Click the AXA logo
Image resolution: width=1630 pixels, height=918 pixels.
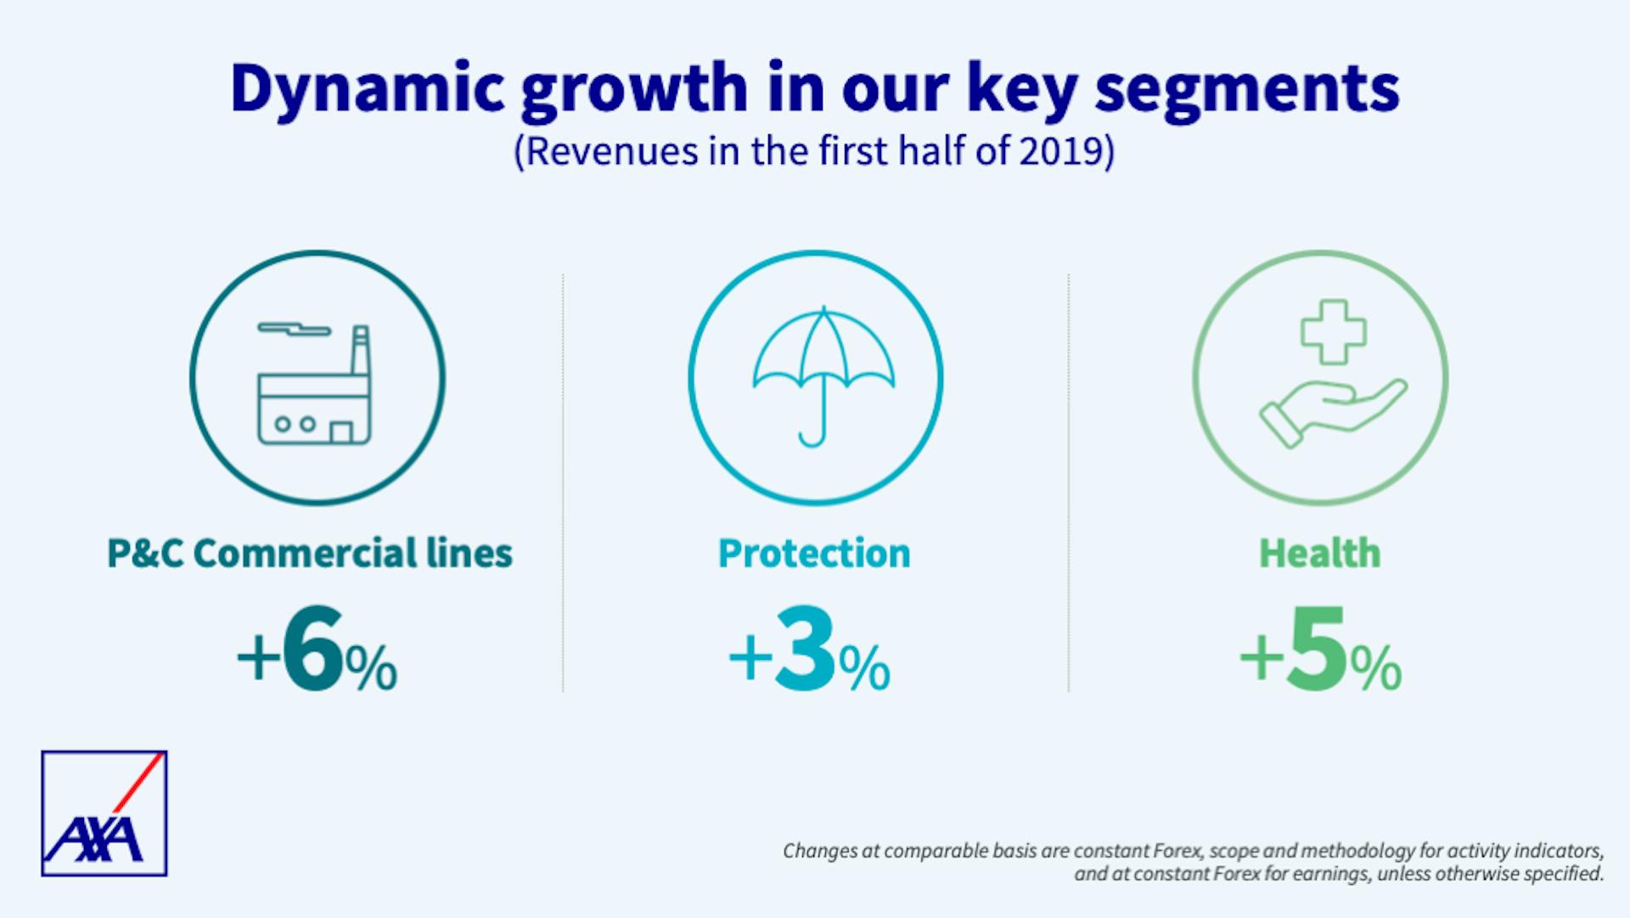(104, 813)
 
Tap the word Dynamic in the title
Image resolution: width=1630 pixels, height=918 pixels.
(368, 88)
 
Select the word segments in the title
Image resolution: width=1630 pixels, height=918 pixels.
(1246, 88)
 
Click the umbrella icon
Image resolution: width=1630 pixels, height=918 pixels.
(823, 365)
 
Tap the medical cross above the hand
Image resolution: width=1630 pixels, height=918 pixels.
(1334, 331)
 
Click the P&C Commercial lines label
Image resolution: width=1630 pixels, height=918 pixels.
(310, 554)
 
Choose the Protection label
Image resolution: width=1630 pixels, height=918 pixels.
(814, 554)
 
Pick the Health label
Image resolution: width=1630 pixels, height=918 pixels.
(1319, 554)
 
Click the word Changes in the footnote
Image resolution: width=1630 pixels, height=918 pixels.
(818, 851)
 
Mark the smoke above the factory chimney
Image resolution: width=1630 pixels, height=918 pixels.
(293, 328)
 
